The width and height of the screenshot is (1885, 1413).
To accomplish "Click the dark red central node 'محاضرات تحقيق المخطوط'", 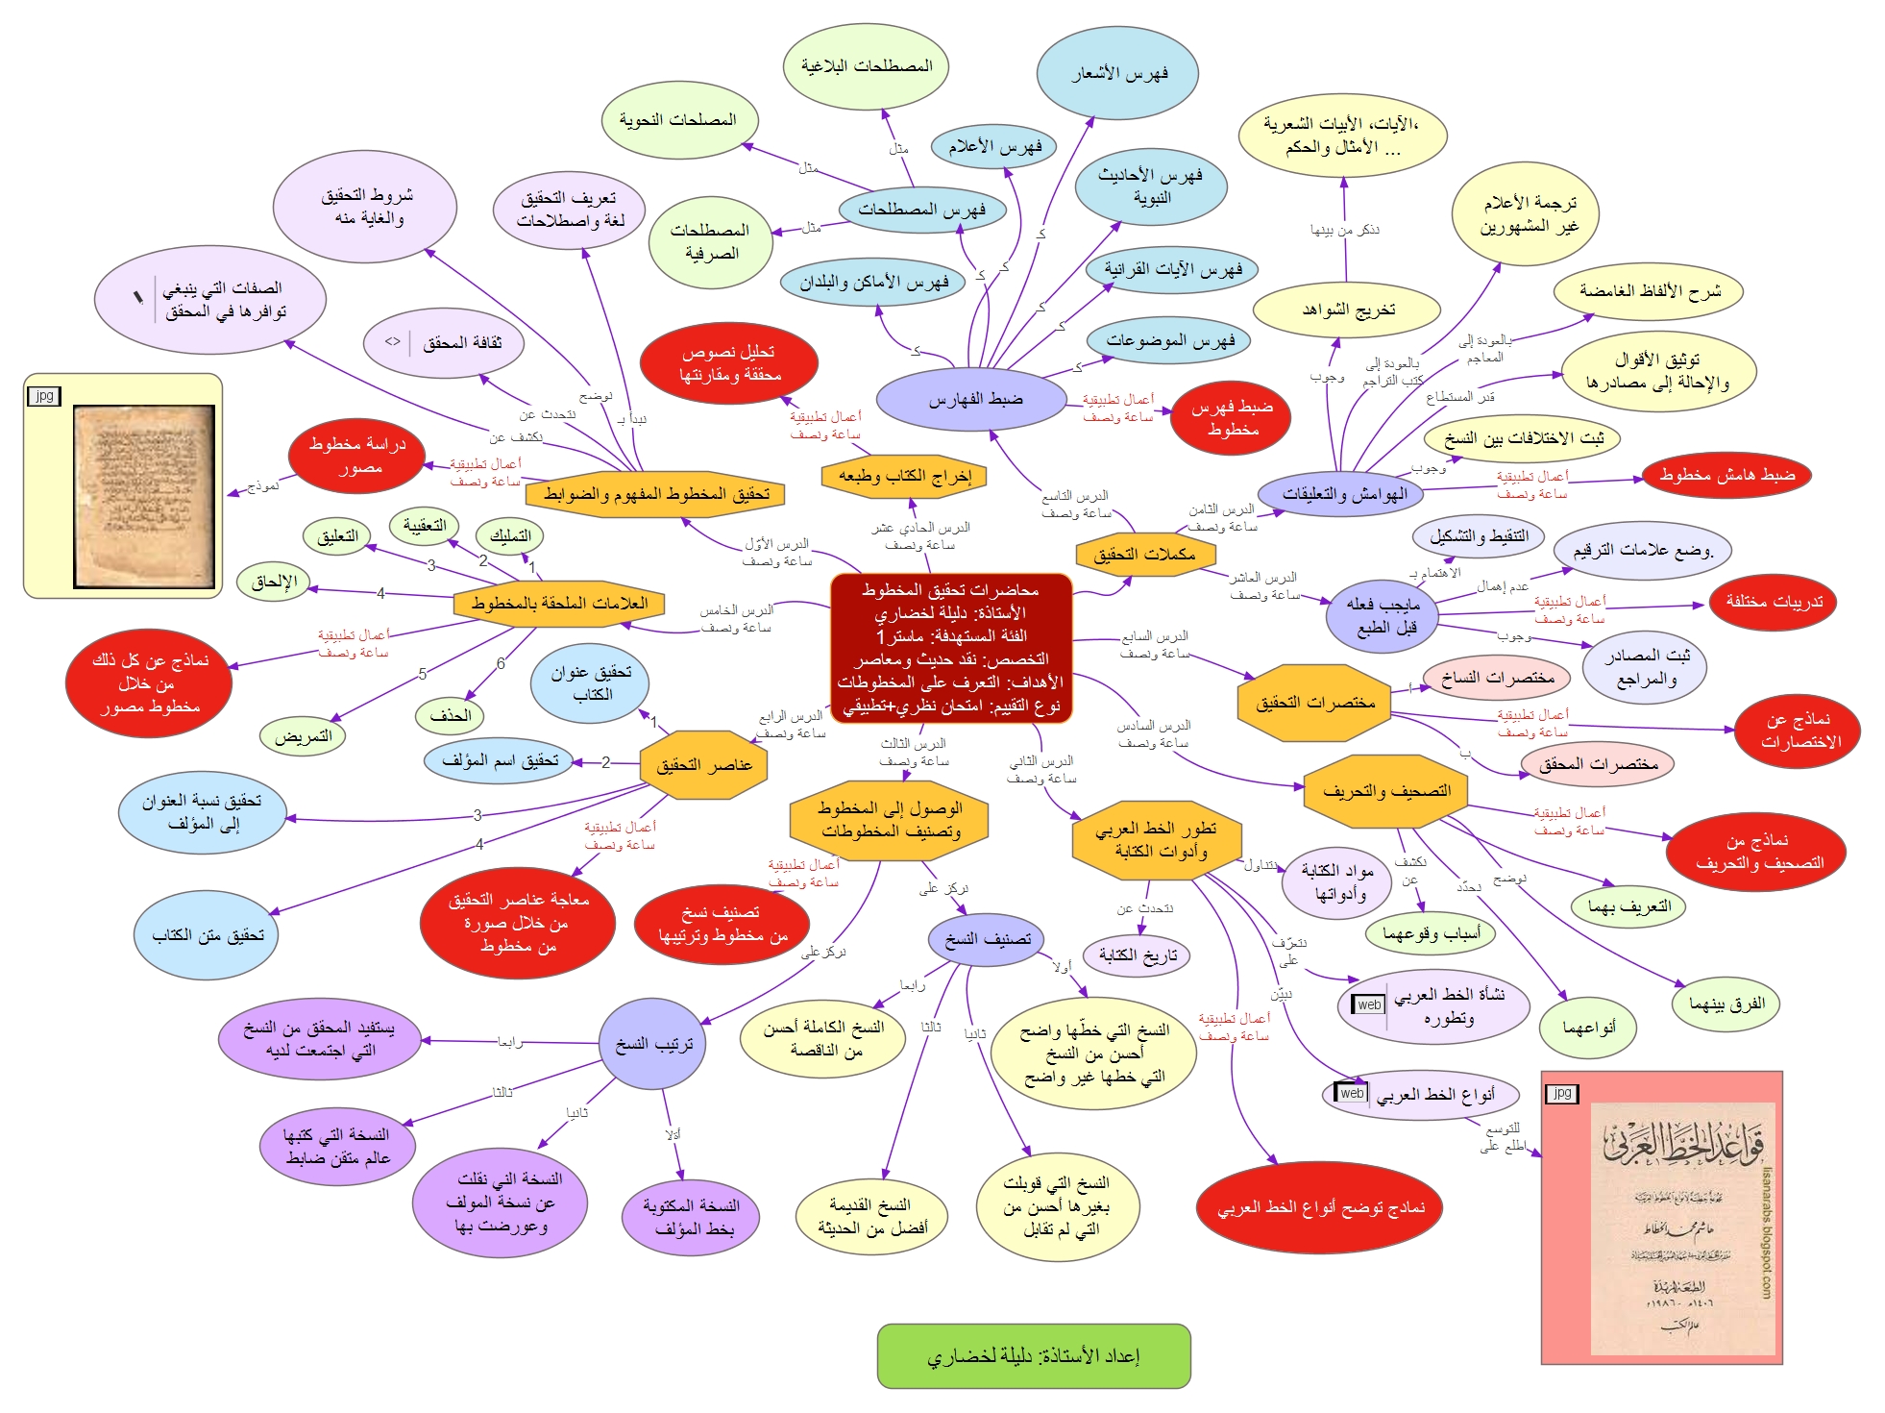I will tap(950, 648).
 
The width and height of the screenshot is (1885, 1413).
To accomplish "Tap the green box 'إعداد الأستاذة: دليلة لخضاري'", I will tap(1034, 1355).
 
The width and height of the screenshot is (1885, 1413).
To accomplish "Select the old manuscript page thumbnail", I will tap(144, 496).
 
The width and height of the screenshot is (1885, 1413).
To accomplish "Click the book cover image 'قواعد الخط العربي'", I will tap(1681, 1227).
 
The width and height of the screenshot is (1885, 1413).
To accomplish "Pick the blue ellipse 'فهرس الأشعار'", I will tap(1117, 73).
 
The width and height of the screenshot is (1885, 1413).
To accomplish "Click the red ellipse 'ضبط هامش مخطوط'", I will tap(1726, 475).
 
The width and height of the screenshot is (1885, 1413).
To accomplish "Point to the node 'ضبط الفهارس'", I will tap(974, 400).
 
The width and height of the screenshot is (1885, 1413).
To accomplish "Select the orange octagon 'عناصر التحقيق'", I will tap(703, 765).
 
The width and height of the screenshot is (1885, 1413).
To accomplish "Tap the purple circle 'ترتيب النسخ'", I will tap(653, 1044).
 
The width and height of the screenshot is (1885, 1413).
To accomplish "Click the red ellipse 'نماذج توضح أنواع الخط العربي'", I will tap(1320, 1208).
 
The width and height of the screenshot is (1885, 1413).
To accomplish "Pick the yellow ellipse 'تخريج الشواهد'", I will tap(1347, 310).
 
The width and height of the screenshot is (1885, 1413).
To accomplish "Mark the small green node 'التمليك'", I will tap(510, 536).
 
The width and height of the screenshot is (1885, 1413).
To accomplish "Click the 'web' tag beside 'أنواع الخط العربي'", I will tap(1351, 1093).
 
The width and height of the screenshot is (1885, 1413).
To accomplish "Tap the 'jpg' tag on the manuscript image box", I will tap(44, 395).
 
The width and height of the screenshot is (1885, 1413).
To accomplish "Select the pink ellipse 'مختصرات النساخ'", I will tap(1497, 678).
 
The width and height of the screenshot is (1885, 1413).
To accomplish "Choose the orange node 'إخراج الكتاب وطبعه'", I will tap(904, 476).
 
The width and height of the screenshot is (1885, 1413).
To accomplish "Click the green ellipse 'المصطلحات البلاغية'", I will tap(866, 66).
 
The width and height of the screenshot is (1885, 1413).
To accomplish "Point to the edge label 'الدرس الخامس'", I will tap(736, 610).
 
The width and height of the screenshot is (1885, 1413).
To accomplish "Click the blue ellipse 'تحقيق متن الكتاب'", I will tap(207, 935).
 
